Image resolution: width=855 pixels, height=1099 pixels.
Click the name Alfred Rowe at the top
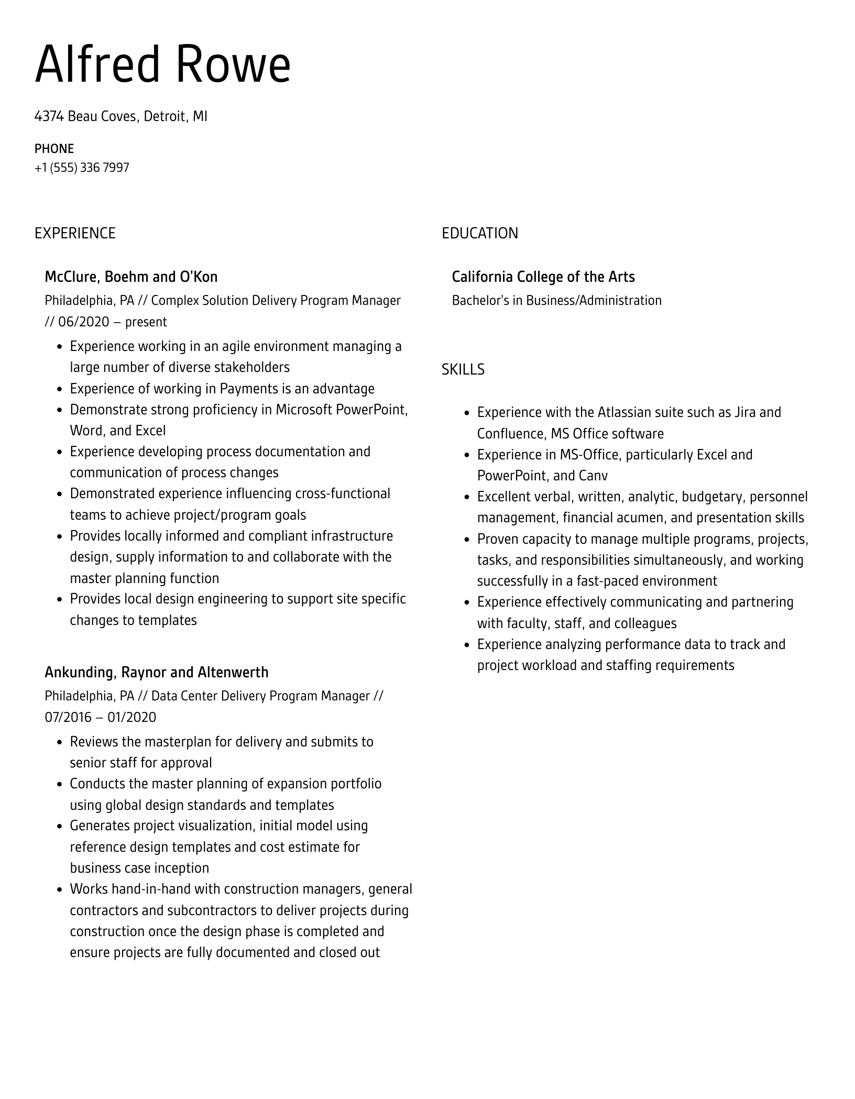pyautogui.click(x=162, y=65)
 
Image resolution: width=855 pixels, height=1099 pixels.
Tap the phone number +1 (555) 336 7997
pyautogui.click(x=82, y=168)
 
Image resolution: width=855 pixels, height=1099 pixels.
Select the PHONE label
pyautogui.click(x=54, y=149)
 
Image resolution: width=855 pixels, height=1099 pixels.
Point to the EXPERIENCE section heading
pyautogui.click(x=75, y=233)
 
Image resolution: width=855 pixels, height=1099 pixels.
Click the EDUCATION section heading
pyautogui.click(x=479, y=233)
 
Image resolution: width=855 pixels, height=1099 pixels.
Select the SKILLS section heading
pyautogui.click(x=463, y=369)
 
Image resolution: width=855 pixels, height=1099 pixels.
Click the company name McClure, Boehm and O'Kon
pyautogui.click(x=131, y=277)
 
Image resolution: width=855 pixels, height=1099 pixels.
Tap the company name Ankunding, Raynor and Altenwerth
pyautogui.click(x=156, y=672)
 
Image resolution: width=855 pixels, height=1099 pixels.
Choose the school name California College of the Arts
pyautogui.click(x=543, y=277)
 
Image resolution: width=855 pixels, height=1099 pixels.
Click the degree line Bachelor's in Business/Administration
pyautogui.click(x=556, y=300)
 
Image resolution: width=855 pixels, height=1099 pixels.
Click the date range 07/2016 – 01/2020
pyautogui.click(x=100, y=717)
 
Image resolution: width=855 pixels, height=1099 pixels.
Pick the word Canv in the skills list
pyautogui.click(x=594, y=476)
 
